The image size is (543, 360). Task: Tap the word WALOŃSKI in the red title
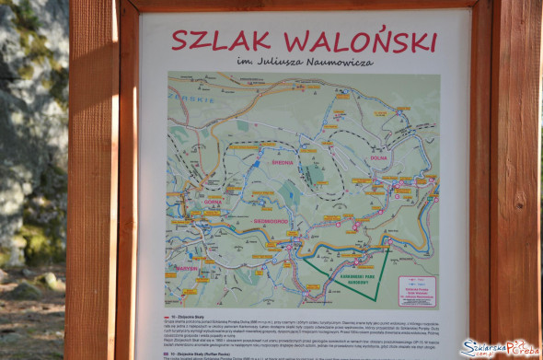tap(360, 41)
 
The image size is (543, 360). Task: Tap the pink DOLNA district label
tap(379, 157)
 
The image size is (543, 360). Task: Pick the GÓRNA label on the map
tap(213, 201)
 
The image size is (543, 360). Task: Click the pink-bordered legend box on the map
tap(415, 290)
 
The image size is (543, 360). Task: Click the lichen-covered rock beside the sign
tap(32, 129)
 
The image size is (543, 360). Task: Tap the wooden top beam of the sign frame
tap(304, 4)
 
